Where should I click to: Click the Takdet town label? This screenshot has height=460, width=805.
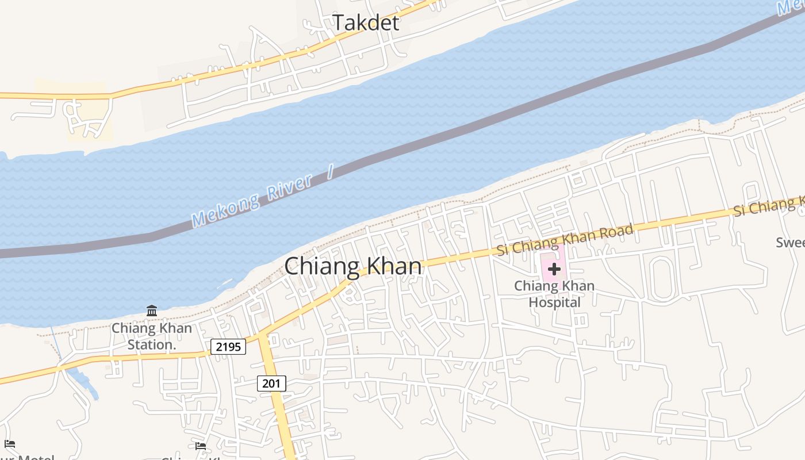point(366,23)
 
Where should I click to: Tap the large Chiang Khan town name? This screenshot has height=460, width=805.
point(353,267)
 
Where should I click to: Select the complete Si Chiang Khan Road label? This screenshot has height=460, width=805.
point(565,239)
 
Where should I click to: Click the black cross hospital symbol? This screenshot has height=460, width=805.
point(554,269)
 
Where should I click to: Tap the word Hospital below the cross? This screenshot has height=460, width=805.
point(554,302)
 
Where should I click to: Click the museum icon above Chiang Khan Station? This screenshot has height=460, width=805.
point(152,311)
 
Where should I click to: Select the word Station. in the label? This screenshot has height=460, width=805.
point(151,344)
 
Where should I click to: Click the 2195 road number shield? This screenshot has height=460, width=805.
point(228,347)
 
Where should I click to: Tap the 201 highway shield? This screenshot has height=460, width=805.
point(271,384)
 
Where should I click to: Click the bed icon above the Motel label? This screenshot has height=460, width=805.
point(10,444)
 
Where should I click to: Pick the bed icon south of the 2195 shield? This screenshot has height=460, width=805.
point(200,446)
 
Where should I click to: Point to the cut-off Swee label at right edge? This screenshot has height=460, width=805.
point(790,242)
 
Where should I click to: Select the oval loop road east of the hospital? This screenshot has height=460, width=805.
point(662,279)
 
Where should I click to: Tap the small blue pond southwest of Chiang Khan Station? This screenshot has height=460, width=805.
point(86,382)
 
